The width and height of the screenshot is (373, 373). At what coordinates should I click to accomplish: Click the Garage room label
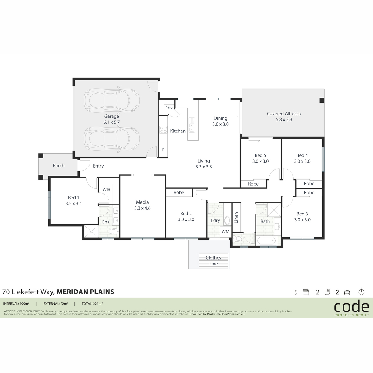112,116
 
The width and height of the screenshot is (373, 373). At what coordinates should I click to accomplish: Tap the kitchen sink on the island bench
192,125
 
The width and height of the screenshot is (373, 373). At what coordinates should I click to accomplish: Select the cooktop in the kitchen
163,130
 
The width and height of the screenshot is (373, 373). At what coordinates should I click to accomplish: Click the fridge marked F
163,150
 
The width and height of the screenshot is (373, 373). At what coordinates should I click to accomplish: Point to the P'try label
169,108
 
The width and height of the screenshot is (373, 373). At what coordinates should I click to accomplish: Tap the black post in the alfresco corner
322,100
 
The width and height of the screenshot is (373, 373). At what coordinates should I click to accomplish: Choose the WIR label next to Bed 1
106,190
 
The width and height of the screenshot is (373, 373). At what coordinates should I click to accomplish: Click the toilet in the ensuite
114,231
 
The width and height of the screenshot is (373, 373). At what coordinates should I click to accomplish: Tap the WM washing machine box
225,232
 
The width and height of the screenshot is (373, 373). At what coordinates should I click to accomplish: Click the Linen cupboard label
236,218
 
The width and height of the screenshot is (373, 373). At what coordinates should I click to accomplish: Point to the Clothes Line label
213,260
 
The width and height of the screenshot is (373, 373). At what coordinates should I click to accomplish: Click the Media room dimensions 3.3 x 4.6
142,208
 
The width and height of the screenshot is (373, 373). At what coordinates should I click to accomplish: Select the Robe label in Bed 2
179,192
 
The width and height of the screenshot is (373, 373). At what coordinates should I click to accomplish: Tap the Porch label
59,165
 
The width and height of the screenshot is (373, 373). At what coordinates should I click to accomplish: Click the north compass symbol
361,291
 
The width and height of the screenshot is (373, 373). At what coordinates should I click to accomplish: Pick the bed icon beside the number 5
306,292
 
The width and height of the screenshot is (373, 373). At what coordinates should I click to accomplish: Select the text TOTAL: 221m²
92,303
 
